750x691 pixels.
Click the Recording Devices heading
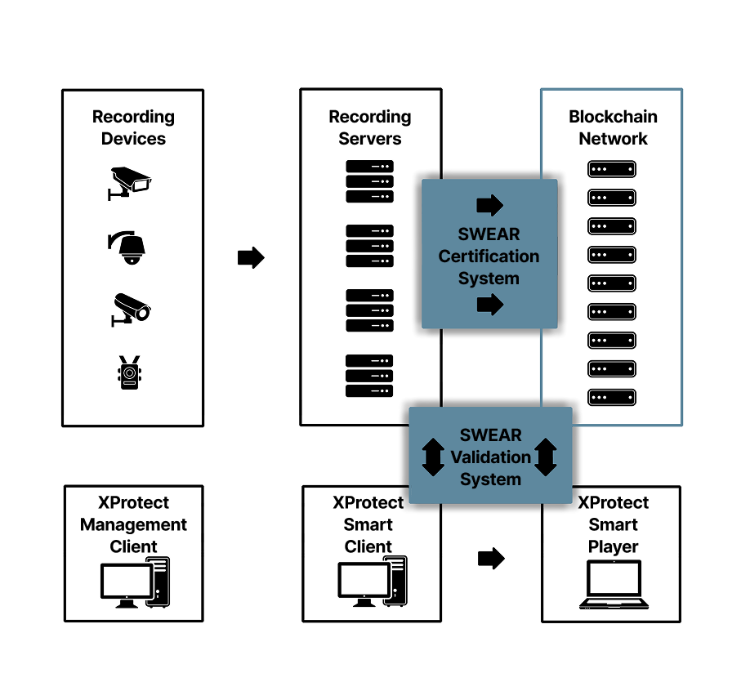point(133,128)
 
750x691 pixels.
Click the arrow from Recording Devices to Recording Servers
point(251,258)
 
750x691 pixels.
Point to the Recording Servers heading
point(370,128)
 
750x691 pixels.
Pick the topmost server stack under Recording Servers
point(370,181)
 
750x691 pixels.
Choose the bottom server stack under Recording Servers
point(370,376)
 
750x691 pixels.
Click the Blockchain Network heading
point(613,128)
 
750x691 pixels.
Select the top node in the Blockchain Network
point(612,169)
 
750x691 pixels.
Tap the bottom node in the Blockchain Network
point(612,398)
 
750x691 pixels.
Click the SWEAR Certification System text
point(489,256)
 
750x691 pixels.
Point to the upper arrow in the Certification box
point(489,205)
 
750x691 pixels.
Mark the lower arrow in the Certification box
point(489,305)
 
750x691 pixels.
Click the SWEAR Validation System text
point(490,457)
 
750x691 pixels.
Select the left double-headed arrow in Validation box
point(434,457)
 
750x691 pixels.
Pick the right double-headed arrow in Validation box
point(546,457)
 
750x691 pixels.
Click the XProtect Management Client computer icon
point(135,582)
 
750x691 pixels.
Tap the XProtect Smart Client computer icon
point(373,582)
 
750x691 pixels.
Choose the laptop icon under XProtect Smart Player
point(614,585)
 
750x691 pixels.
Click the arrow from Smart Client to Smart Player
point(491,559)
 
